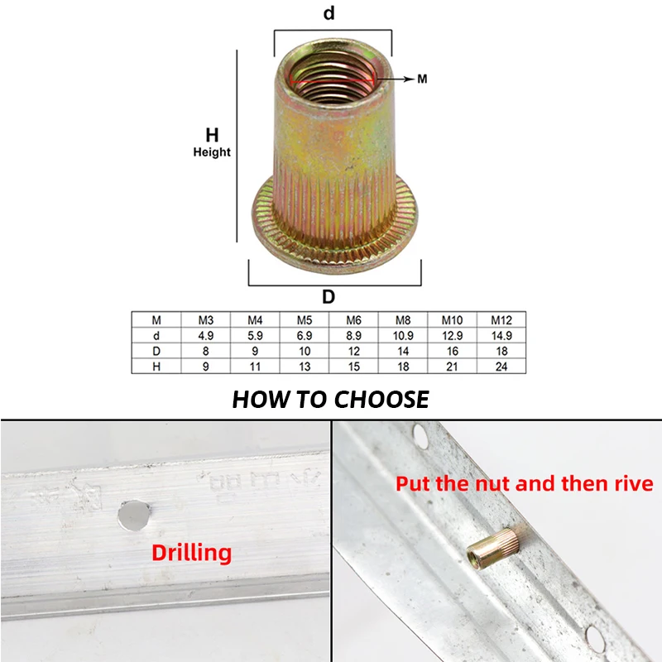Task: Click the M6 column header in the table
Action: coord(354,320)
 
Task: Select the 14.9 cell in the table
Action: coord(501,336)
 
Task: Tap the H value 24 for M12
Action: coord(501,366)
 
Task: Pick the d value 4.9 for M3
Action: coord(206,336)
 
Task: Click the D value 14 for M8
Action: coord(403,351)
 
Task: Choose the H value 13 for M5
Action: coord(305,366)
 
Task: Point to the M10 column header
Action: coord(452,320)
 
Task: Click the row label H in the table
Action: coord(157,366)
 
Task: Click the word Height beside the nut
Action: coord(212,152)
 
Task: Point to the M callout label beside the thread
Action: coord(422,79)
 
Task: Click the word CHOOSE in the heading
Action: coord(381,400)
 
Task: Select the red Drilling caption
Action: coord(192,553)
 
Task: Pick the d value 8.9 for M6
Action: coord(354,336)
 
